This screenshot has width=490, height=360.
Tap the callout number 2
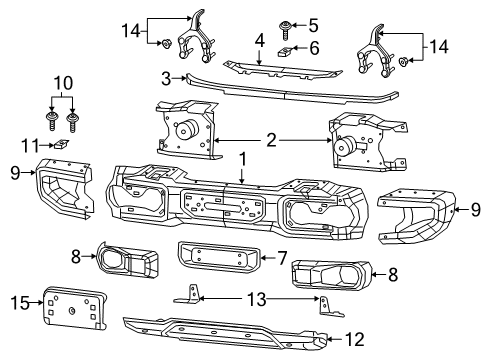click(x=272, y=142)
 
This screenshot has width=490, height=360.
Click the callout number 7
click(x=281, y=259)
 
